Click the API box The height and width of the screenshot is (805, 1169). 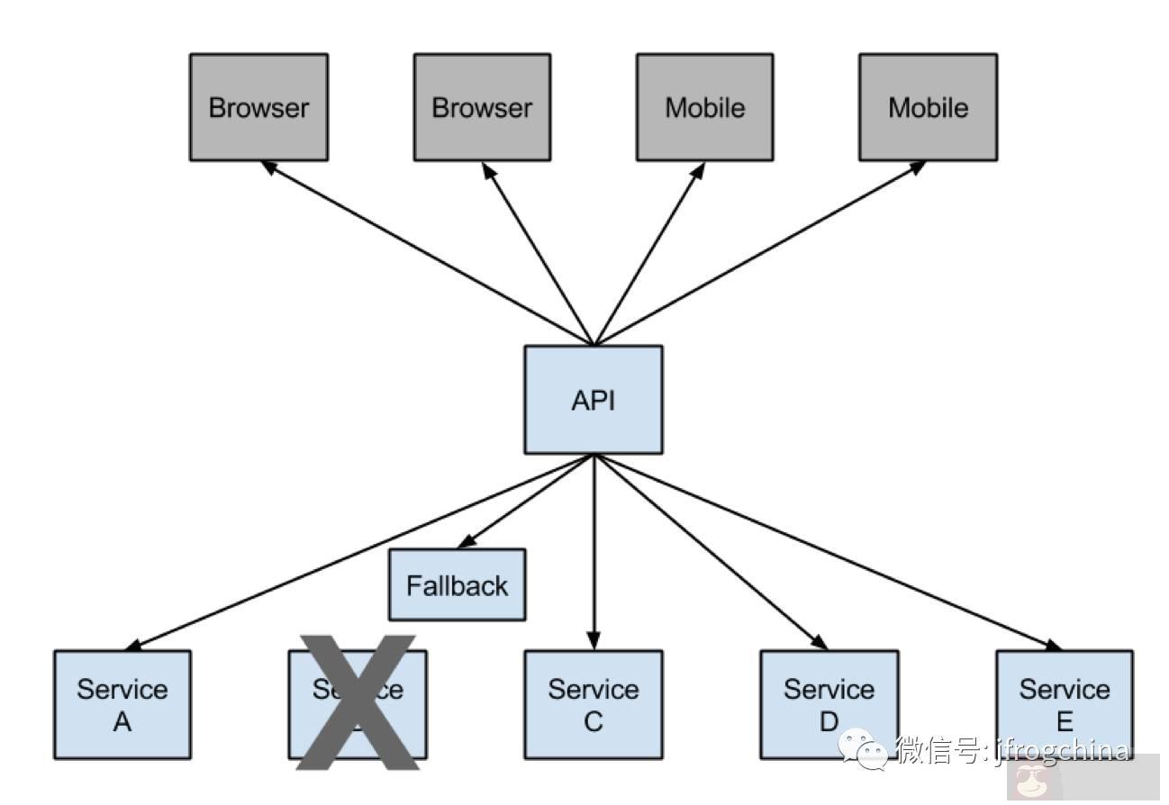[x=594, y=399]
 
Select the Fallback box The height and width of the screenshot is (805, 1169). [x=457, y=585]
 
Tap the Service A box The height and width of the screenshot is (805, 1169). [x=122, y=704]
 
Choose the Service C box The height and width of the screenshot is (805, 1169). [x=594, y=704]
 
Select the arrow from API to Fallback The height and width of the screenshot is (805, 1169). [x=527, y=501]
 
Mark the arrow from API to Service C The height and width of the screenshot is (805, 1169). [x=594, y=549]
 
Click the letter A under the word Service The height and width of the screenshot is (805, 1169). [x=122, y=721]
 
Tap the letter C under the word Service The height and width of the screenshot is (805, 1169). [x=594, y=721]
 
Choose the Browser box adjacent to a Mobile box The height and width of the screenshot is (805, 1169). [x=482, y=107]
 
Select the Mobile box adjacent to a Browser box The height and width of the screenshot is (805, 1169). [x=705, y=107]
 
